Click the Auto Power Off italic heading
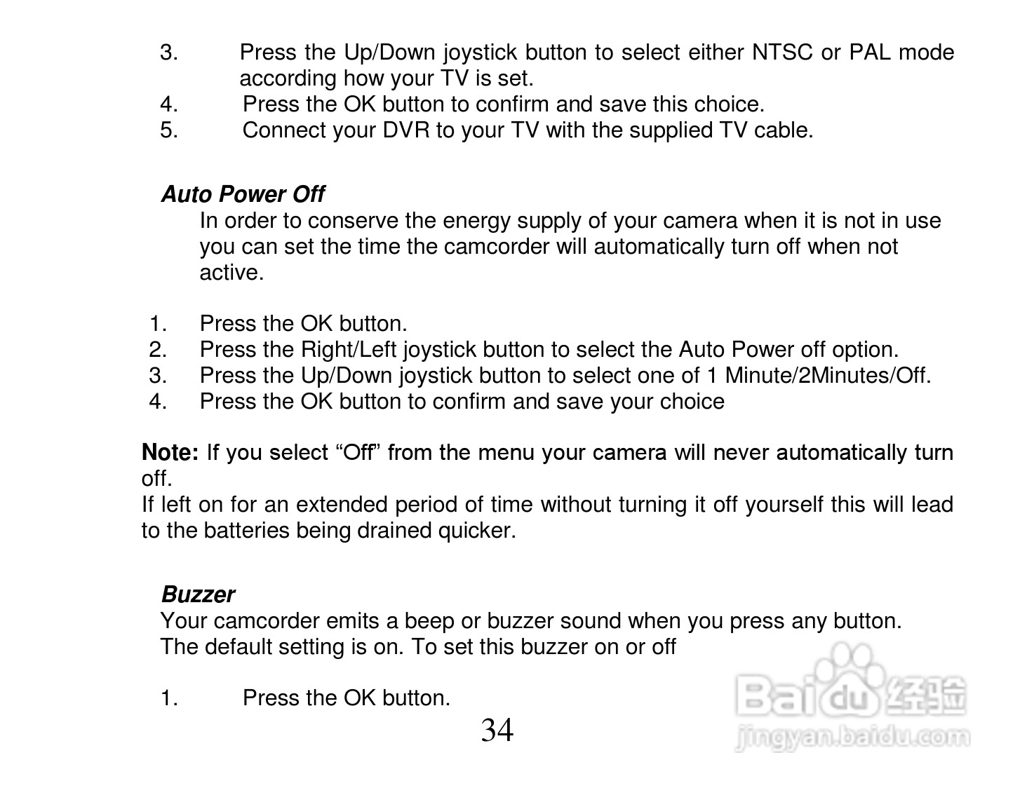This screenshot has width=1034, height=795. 243,194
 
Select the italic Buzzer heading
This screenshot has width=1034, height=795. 198,594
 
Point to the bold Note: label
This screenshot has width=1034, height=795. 170,453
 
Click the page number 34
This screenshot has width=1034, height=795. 497,731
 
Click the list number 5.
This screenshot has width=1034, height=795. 168,130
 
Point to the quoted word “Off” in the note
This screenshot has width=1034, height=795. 358,453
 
